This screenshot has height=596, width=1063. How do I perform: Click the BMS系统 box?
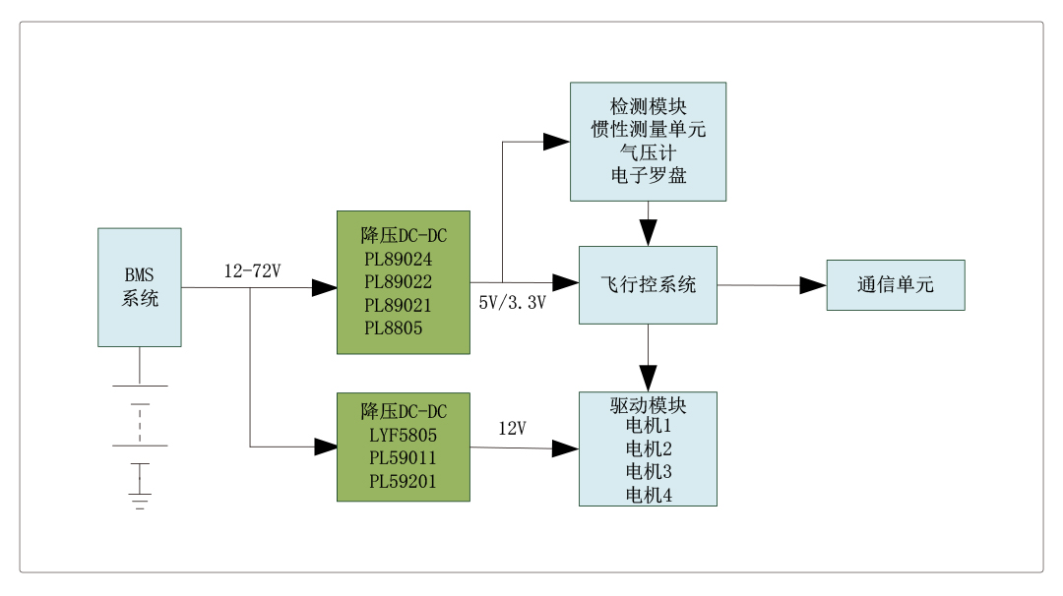(x=139, y=286)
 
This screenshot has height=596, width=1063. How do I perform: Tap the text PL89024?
(x=399, y=260)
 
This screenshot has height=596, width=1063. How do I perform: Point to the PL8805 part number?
(x=393, y=328)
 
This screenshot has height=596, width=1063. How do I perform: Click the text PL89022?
(x=399, y=282)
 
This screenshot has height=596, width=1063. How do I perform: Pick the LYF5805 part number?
(x=403, y=435)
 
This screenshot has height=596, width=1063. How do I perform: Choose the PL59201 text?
(x=403, y=481)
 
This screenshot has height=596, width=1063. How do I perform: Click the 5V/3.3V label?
(x=512, y=302)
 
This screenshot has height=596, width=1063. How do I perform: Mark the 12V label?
(x=512, y=429)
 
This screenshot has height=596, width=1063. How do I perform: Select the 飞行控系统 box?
(x=648, y=285)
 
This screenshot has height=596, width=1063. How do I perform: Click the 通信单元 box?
(x=895, y=285)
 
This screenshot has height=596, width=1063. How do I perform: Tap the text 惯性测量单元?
(x=648, y=129)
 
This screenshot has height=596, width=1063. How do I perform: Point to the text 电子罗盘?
(x=648, y=176)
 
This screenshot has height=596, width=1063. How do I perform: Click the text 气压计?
(x=648, y=152)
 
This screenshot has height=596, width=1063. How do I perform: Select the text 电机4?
(x=648, y=496)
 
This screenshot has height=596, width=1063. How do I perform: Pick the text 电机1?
(x=648, y=426)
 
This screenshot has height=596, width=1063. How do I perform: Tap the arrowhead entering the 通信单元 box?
(x=813, y=285)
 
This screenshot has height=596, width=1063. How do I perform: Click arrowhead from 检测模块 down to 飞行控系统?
(x=648, y=234)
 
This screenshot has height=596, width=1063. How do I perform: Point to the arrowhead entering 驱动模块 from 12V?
(x=565, y=448)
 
